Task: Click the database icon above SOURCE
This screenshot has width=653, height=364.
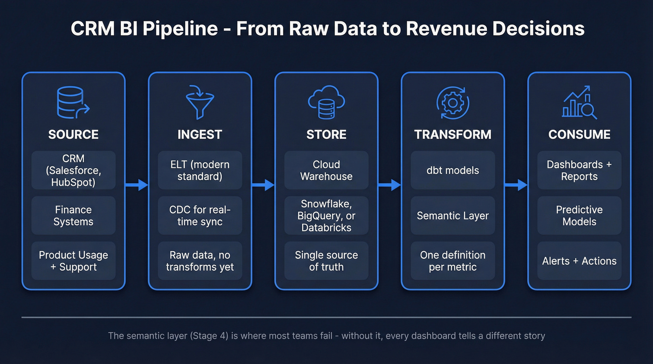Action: (73, 102)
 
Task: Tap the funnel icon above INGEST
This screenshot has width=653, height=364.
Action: (200, 102)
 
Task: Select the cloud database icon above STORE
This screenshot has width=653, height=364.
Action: (326, 102)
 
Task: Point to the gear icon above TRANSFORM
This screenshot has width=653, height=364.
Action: (452, 102)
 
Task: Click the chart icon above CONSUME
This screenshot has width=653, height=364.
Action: (579, 102)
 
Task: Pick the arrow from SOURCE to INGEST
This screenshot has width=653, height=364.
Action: (137, 185)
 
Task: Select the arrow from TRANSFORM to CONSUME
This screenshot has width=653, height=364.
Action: (516, 185)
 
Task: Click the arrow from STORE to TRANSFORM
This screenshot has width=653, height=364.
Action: (389, 185)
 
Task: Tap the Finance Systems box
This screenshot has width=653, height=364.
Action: (73, 216)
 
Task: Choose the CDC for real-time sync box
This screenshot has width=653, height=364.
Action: (200, 216)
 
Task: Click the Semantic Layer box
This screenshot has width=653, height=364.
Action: (452, 216)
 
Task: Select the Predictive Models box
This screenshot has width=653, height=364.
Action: (579, 216)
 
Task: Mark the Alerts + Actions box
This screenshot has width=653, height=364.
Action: (579, 261)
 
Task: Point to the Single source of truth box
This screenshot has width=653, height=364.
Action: (326, 261)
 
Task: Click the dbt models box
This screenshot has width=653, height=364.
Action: (452, 171)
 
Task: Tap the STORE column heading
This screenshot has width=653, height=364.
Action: (326, 135)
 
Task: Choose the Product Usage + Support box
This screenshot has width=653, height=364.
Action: (73, 261)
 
